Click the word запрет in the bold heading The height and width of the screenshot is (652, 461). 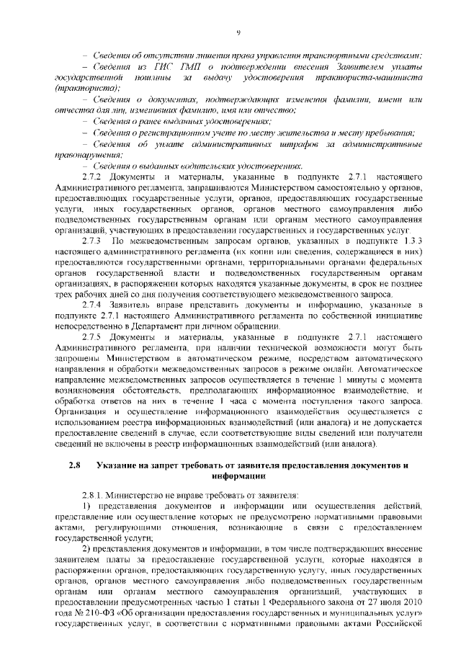coord(170,465)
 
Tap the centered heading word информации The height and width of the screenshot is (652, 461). coord(237,476)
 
